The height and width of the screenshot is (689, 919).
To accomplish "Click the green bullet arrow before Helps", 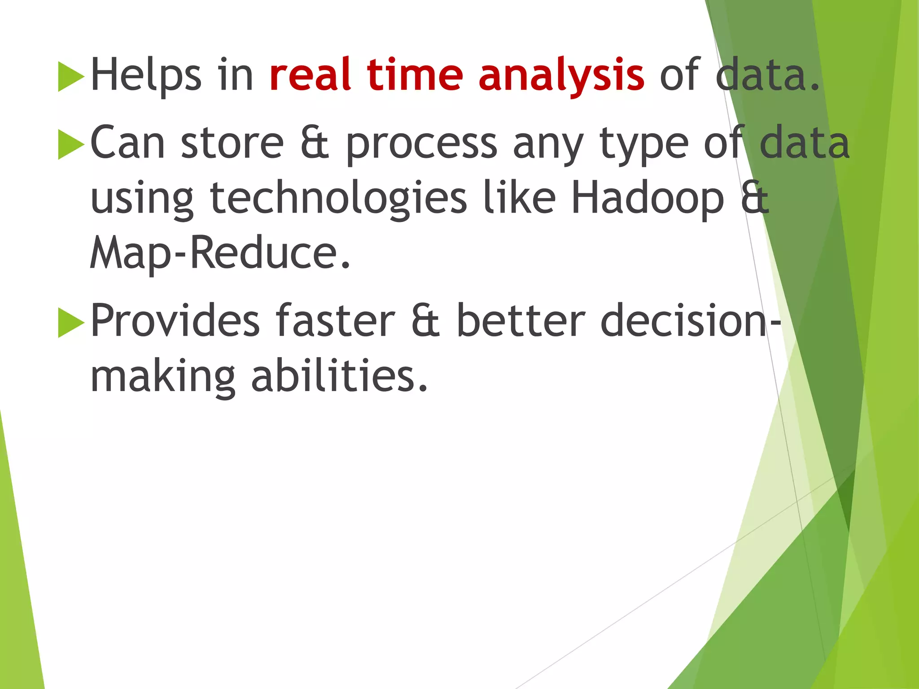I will pyautogui.click(x=71, y=77).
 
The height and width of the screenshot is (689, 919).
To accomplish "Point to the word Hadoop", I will pyautogui.click(x=647, y=198).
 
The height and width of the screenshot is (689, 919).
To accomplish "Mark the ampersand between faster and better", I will pyautogui.click(x=425, y=321).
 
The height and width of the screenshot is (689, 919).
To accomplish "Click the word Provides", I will pyautogui.click(x=175, y=321).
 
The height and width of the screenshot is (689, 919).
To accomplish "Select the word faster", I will pyautogui.click(x=335, y=321).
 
